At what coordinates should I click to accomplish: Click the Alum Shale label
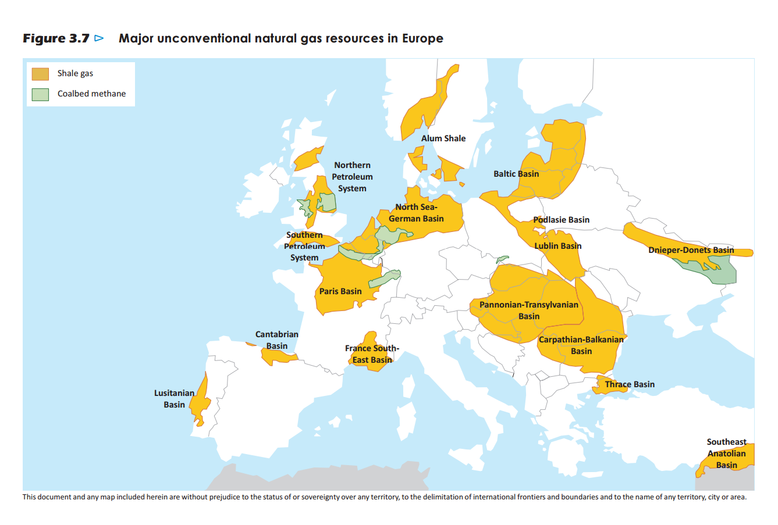coord(443,138)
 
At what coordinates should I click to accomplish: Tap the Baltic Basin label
coord(516,174)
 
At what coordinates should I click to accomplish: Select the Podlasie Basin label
coord(562,220)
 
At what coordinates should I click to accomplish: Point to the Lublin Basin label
coord(558,246)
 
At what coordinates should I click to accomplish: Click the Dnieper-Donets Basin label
coord(691,250)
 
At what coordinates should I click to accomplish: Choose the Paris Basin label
coord(340,291)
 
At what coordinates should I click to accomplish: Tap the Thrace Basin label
coord(630,384)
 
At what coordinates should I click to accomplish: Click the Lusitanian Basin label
coord(174,399)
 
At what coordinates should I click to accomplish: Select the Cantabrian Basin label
coord(277,340)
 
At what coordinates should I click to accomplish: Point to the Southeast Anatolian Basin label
coord(727,453)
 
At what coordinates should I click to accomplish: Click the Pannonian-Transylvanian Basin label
coord(529,310)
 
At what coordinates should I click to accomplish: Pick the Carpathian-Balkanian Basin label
coord(581,345)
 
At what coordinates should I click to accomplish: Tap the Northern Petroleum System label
coord(352,177)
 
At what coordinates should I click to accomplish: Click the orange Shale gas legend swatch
coord(40,74)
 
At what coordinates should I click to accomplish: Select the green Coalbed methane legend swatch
coord(40,94)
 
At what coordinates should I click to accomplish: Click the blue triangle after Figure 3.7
coord(99,38)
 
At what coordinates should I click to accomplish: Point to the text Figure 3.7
coord(56,38)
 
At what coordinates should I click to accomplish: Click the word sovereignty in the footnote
coord(318,497)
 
